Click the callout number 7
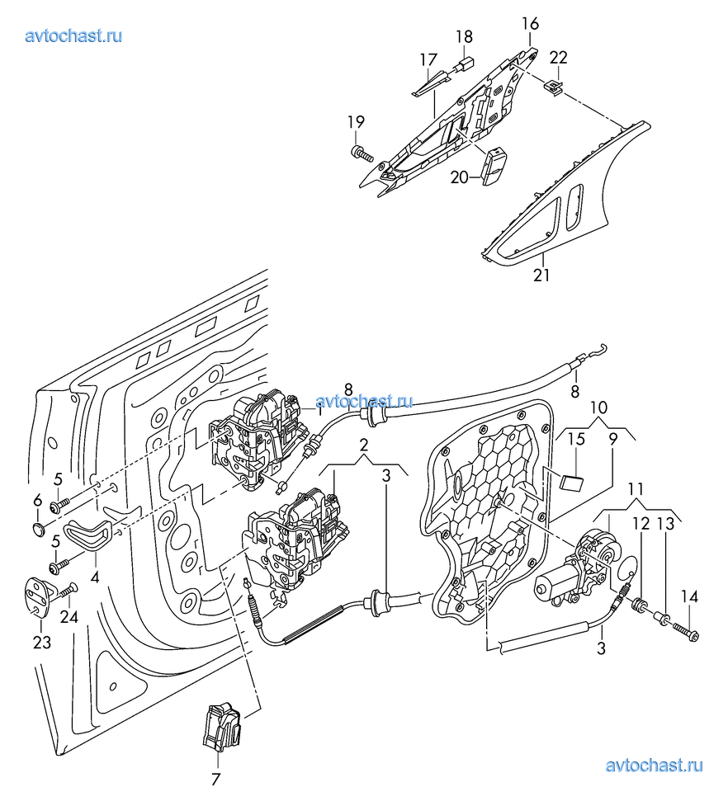[216, 779]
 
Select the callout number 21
[541, 275]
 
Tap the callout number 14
[689, 596]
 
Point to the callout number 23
[42, 642]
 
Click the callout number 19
[356, 122]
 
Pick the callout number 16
[531, 23]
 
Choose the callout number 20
[459, 177]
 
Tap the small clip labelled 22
[554, 87]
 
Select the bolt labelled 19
[362, 153]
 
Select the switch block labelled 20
[494, 167]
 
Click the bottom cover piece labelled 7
[221, 727]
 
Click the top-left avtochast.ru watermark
[73, 35]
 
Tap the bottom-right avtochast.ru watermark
[654, 765]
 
